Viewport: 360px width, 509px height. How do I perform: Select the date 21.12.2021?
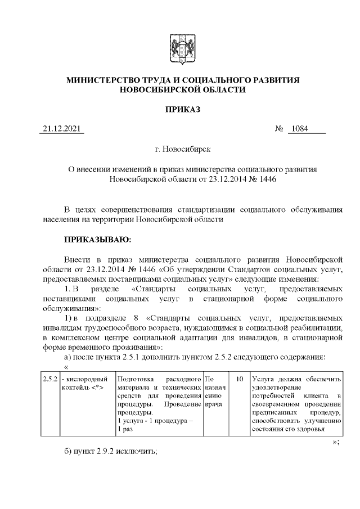62,129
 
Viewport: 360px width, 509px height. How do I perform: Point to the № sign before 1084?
279,129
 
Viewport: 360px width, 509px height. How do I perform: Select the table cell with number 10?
239,380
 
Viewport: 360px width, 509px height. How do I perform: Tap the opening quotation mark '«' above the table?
59,366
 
